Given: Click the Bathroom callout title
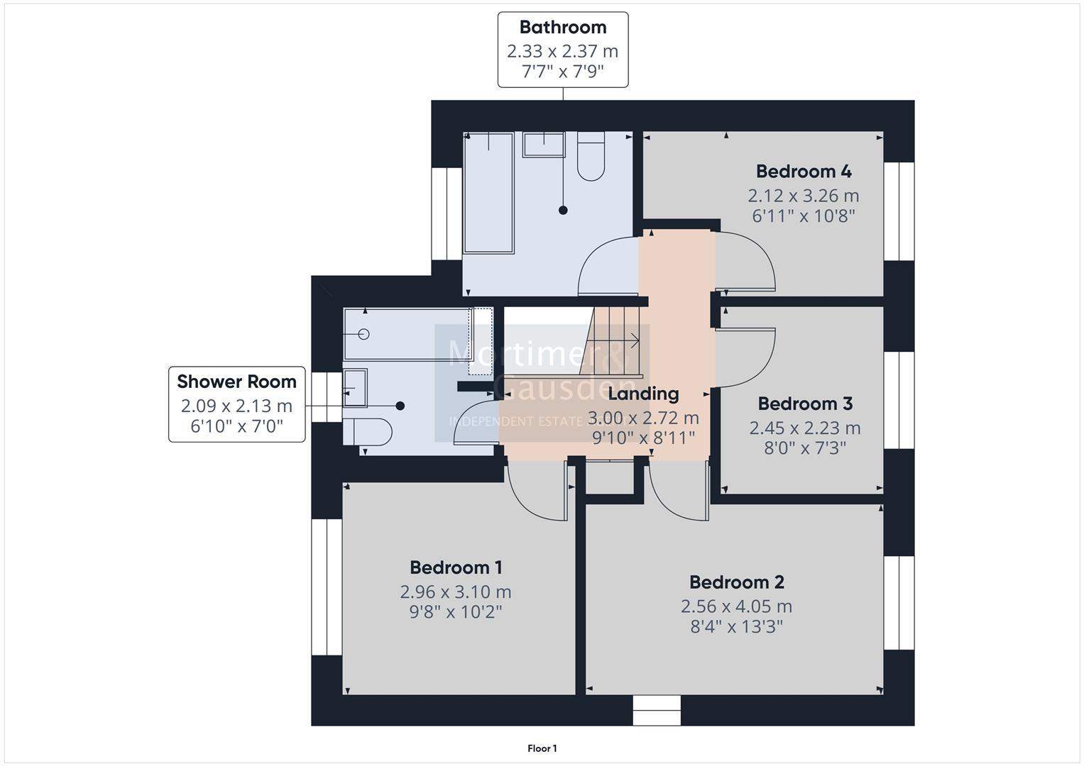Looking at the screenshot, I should coord(563,28).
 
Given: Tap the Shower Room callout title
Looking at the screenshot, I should coord(236,382).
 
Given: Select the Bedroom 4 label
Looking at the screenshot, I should coord(803,172).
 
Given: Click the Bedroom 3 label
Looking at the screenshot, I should coord(804,404).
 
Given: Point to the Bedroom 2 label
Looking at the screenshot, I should coord(736,582).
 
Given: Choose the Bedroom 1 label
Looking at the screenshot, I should coord(456,567).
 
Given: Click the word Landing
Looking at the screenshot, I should coord(643,394).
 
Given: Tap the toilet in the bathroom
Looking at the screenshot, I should coord(590,157).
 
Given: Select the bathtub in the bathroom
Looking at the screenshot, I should coord(488,192).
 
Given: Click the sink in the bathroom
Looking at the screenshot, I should coord(544,145).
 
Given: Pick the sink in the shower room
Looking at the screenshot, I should coord(355,387).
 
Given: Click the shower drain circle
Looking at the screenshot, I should coord(364,334).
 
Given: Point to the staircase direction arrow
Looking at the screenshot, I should coord(633,341).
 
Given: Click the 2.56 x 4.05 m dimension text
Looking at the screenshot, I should coord(736,606).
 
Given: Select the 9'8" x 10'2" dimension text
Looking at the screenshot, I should coord(456,611).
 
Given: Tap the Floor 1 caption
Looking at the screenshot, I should coord(542,748).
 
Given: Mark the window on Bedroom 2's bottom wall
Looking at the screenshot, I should coord(656,710).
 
